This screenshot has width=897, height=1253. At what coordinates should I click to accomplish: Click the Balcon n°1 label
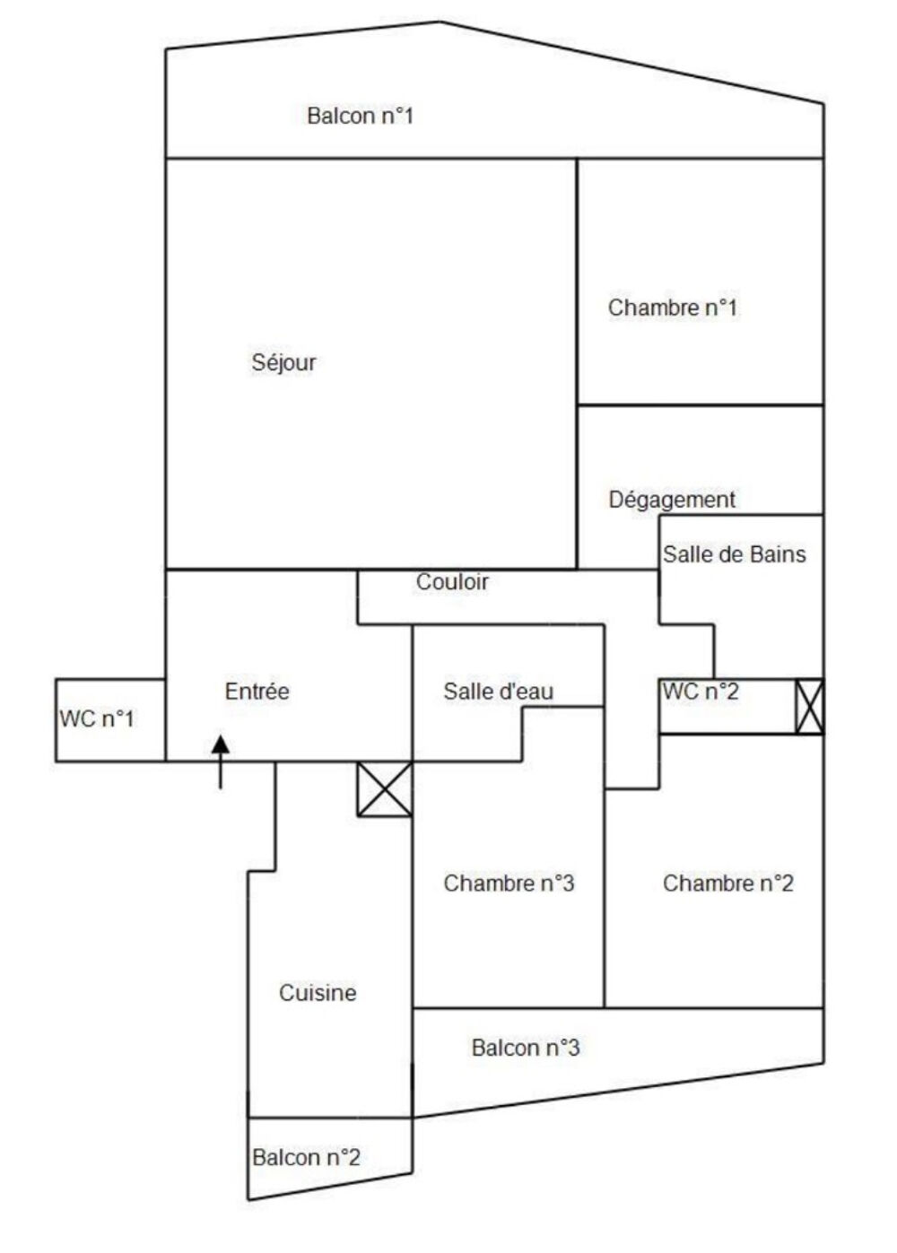[360, 116]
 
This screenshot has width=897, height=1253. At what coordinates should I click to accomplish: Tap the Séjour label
[283, 362]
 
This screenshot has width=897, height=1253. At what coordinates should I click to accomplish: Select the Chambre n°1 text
[673, 308]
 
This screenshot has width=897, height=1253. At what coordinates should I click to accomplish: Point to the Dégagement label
[672, 500]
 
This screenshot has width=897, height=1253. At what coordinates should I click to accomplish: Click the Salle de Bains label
[734, 554]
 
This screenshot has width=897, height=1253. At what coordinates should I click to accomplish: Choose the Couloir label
[452, 582]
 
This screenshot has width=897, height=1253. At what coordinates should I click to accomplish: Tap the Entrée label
[257, 692]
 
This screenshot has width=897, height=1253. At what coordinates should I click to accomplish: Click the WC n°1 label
[97, 718]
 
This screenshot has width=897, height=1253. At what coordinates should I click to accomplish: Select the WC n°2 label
[700, 692]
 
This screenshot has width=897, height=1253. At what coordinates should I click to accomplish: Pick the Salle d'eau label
[498, 692]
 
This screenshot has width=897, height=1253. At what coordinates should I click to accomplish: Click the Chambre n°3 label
[509, 883]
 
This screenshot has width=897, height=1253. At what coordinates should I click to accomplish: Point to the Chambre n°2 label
[727, 883]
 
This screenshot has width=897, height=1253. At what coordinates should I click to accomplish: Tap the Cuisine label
[318, 993]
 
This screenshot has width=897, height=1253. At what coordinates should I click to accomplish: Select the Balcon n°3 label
[526, 1048]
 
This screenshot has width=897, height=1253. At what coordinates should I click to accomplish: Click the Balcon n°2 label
[306, 1157]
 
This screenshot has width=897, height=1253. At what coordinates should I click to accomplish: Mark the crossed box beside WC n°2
[809, 707]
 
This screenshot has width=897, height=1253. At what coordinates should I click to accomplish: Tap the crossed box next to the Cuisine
[385, 789]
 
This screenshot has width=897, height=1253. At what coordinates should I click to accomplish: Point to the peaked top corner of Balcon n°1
[440, 22]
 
